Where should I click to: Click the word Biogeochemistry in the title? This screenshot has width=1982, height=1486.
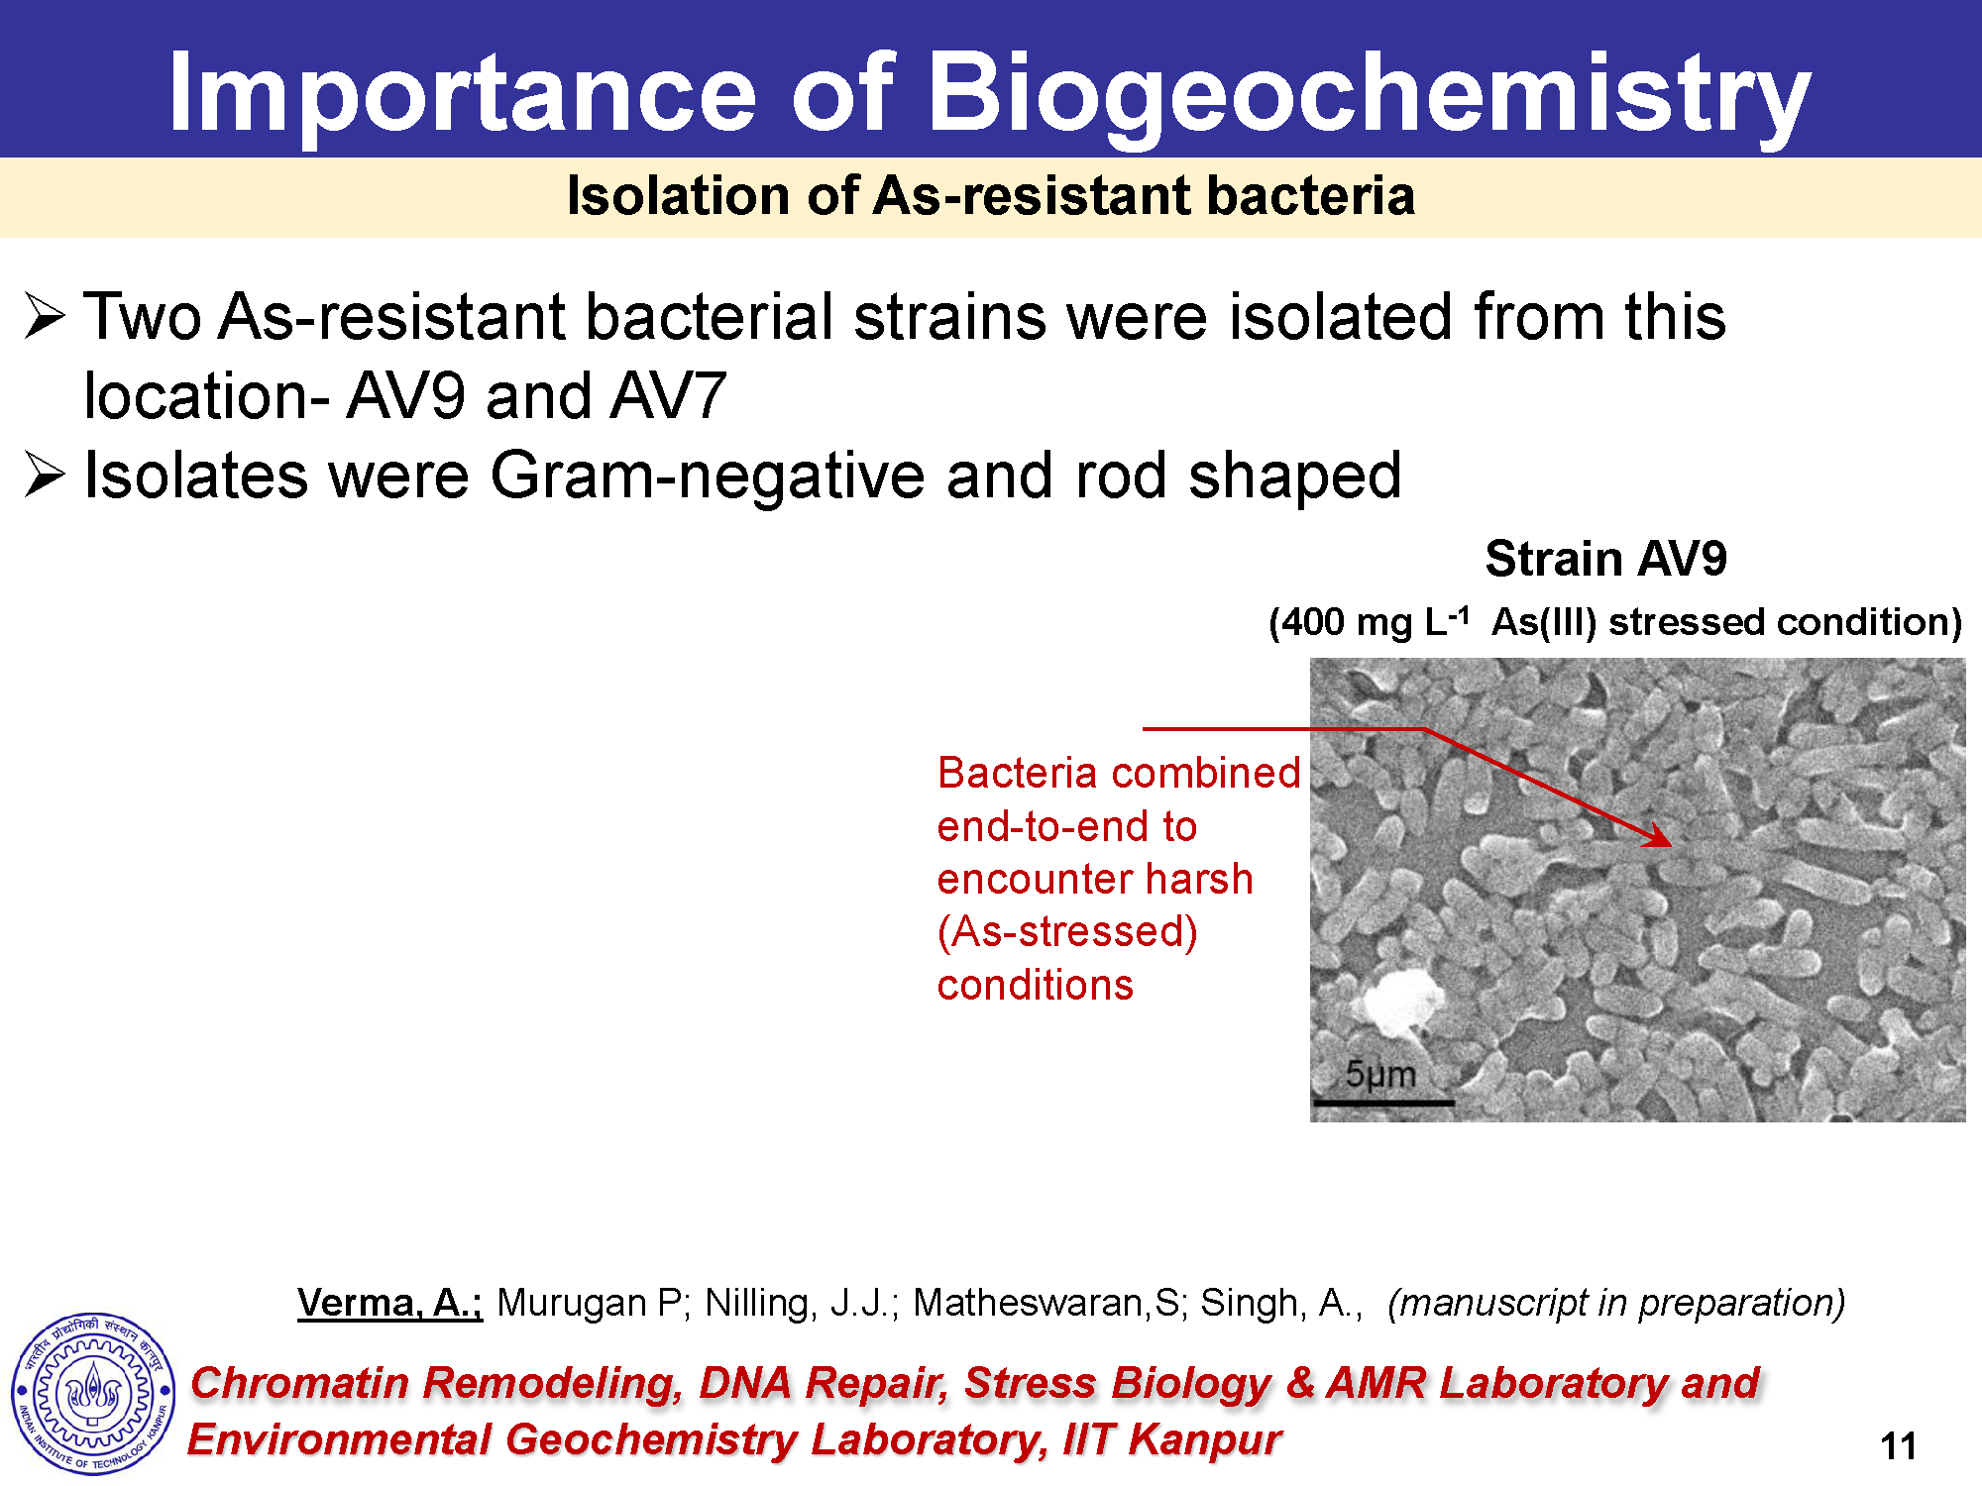point(1369,96)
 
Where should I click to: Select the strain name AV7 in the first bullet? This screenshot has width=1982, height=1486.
point(668,396)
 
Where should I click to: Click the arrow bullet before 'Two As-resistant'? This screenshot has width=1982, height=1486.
point(46,317)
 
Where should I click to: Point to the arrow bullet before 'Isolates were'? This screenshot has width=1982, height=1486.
point(46,475)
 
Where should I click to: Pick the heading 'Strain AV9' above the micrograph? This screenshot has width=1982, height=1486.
point(1605,559)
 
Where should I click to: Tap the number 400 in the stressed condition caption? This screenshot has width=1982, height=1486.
point(1307,622)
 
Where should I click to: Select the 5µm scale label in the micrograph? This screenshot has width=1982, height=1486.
point(1380,1074)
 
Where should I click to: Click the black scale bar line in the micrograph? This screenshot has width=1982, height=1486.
point(1383,1102)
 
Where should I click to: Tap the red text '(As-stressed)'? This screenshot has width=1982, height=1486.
point(1067,932)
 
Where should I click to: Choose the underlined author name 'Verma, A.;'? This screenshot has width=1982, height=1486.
point(389,1303)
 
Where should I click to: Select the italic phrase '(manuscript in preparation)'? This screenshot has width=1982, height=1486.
point(1616,1303)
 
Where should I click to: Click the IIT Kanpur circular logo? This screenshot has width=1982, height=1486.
point(93,1394)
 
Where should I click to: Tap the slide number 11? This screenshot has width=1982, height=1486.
point(1898,1446)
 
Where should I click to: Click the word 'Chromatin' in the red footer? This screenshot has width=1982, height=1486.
point(299,1383)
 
